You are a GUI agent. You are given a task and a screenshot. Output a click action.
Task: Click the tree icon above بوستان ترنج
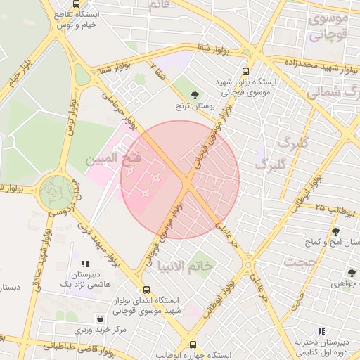point(195,94)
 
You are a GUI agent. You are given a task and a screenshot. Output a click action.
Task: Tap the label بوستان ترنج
point(195,108)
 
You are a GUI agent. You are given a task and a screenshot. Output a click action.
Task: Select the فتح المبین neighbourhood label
point(113,160)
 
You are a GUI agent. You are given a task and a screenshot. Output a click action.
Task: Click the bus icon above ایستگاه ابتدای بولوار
point(146,290)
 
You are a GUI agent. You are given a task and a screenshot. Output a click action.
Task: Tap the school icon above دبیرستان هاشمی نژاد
point(85,264)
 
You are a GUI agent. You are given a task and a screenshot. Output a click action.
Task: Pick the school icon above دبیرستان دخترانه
point(321,330)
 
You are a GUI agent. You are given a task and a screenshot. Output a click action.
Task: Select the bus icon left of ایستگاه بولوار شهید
point(245,71)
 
